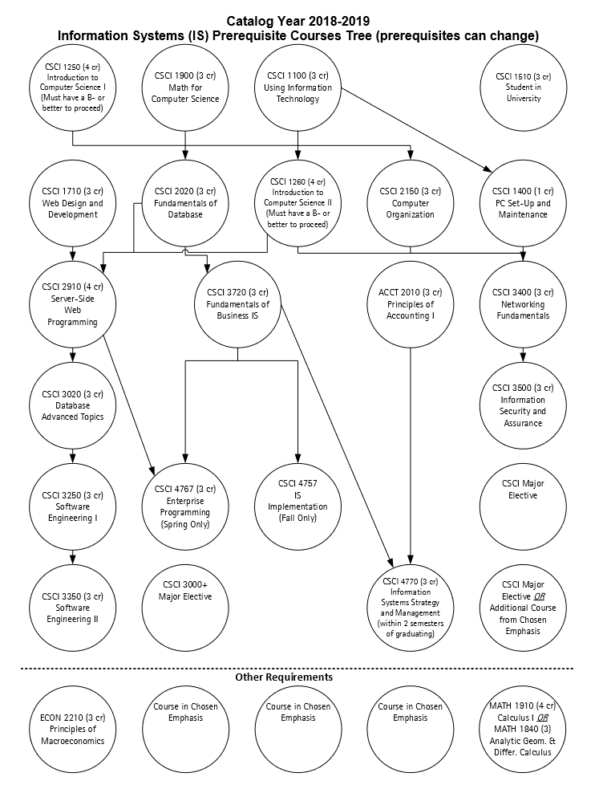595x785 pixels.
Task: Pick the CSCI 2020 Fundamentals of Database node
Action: click(x=185, y=204)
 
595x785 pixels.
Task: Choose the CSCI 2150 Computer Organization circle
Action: click(x=410, y=204)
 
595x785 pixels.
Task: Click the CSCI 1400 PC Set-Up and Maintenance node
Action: click(x=523, y=204)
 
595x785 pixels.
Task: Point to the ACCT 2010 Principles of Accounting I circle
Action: click(x=410, y=304)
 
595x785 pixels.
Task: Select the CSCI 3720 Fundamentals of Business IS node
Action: click(x=237, y=304)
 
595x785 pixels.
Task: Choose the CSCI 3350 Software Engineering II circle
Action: click(x=72, y=602)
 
